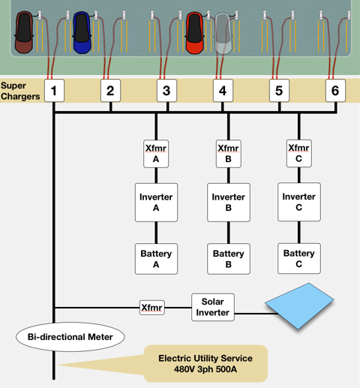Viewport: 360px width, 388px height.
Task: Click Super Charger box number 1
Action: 54,92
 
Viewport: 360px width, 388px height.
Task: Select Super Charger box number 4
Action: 222,92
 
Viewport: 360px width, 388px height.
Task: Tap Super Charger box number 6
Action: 335,92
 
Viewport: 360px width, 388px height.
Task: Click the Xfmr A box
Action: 156,154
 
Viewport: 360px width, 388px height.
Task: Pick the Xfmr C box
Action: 298,153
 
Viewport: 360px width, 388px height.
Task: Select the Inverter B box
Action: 228,203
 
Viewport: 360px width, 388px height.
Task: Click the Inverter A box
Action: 156,203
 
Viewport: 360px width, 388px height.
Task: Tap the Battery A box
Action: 156,259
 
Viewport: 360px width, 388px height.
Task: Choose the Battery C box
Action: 298,259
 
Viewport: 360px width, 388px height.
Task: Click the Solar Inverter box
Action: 212,307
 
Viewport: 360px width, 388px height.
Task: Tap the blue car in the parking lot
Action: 81,32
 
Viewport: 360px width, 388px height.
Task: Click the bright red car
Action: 194,32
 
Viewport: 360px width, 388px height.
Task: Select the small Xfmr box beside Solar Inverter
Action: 151,307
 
